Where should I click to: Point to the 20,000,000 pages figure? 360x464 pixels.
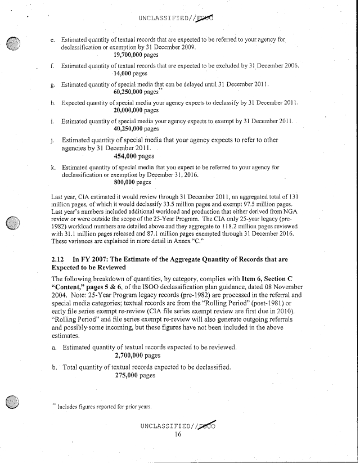click(136, 110)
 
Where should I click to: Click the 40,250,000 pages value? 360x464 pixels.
click(136, 129)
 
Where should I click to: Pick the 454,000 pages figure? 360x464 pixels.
click(134, 156)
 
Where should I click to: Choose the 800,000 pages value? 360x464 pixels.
click(132, 182)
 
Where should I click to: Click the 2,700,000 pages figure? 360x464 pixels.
click(137, 356)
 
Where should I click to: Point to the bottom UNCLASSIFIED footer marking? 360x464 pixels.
click(179, 425)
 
